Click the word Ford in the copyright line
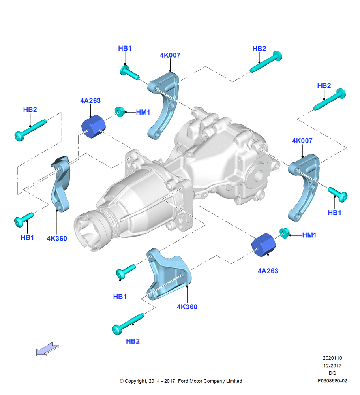click(x=183, y=381)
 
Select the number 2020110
click(x=332, y=358)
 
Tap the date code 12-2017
click(x=332, y=365)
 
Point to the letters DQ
click(x=332, y=373)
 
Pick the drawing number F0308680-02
click(x=332, y=381)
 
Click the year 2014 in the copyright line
click(x=154, y=381)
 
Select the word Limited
click(x=234, y=381)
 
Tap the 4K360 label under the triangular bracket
click(x=187, y=307)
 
